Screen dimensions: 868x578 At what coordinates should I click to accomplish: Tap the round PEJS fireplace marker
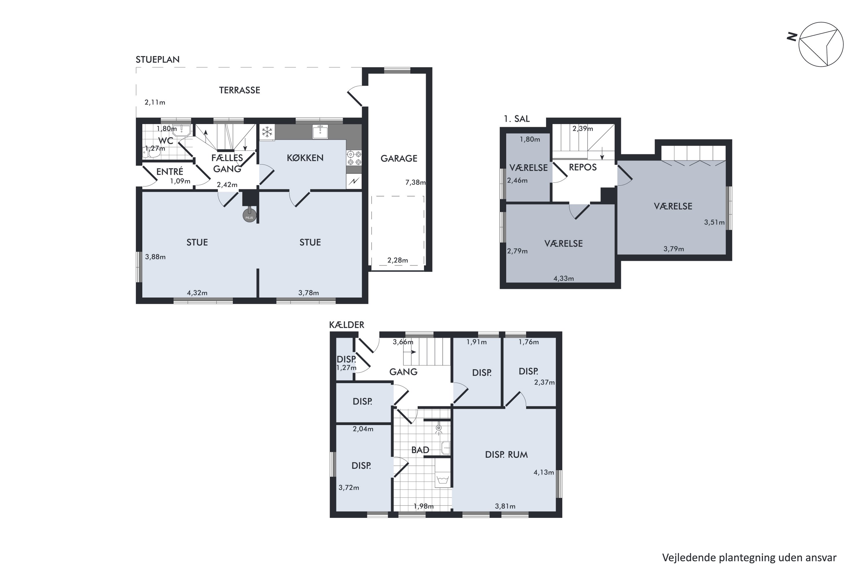point(249,216)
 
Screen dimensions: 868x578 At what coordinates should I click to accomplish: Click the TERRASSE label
point(240,90)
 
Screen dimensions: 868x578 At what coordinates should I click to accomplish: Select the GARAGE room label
point(399,158)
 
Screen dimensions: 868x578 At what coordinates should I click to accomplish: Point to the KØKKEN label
point(305,158)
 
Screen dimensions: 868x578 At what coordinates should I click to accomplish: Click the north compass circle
point(821,45)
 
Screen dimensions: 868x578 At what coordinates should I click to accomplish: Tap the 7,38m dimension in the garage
point(415,182)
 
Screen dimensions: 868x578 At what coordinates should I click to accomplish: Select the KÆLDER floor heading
point(347,325)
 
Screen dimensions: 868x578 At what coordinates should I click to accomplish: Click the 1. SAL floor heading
point(517,119)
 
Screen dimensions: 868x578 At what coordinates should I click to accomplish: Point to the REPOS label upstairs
point(583,167)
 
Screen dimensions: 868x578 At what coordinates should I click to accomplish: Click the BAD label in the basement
point(420,450)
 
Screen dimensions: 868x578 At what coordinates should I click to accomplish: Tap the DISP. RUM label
point(506,455)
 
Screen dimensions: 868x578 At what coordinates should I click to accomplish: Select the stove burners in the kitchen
point(354,158)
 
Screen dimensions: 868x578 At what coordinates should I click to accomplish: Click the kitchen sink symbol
point(320,131)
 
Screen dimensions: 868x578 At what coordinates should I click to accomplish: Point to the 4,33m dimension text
point(564,278)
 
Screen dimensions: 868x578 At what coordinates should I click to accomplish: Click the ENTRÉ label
point(170,171)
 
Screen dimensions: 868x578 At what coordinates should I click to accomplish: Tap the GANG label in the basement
point(403,372)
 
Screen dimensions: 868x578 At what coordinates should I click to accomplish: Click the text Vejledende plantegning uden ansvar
point(749,558)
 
